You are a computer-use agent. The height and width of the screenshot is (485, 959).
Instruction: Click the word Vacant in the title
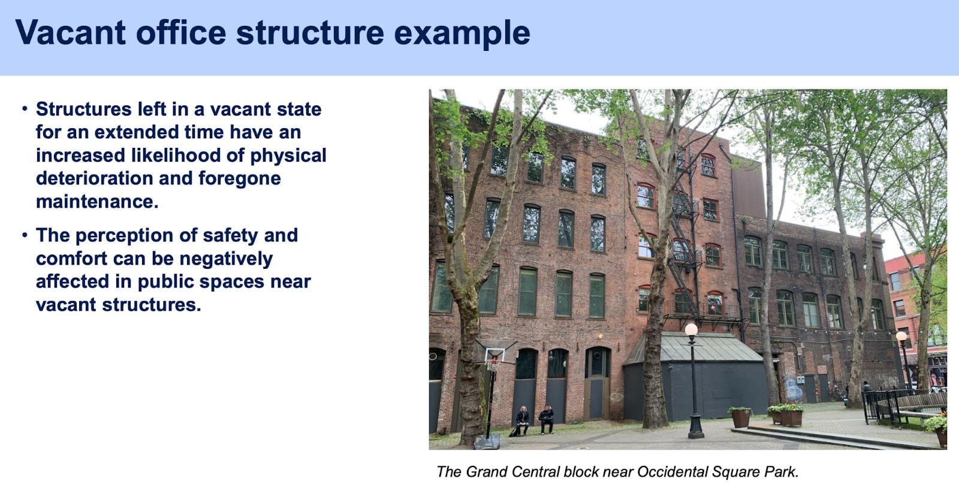(x=71, y=32)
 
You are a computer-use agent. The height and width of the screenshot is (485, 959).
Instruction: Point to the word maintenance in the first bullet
(x=97, y=201)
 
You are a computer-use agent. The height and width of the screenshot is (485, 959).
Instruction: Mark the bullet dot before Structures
(x=25, y=109)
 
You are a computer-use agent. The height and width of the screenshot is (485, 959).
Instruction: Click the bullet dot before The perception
(x=25, y=235)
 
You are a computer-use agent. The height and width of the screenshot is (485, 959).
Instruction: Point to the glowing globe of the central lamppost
(x=691, y=329)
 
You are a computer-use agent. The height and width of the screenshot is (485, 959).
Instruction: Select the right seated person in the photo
(x=546, y=420)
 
